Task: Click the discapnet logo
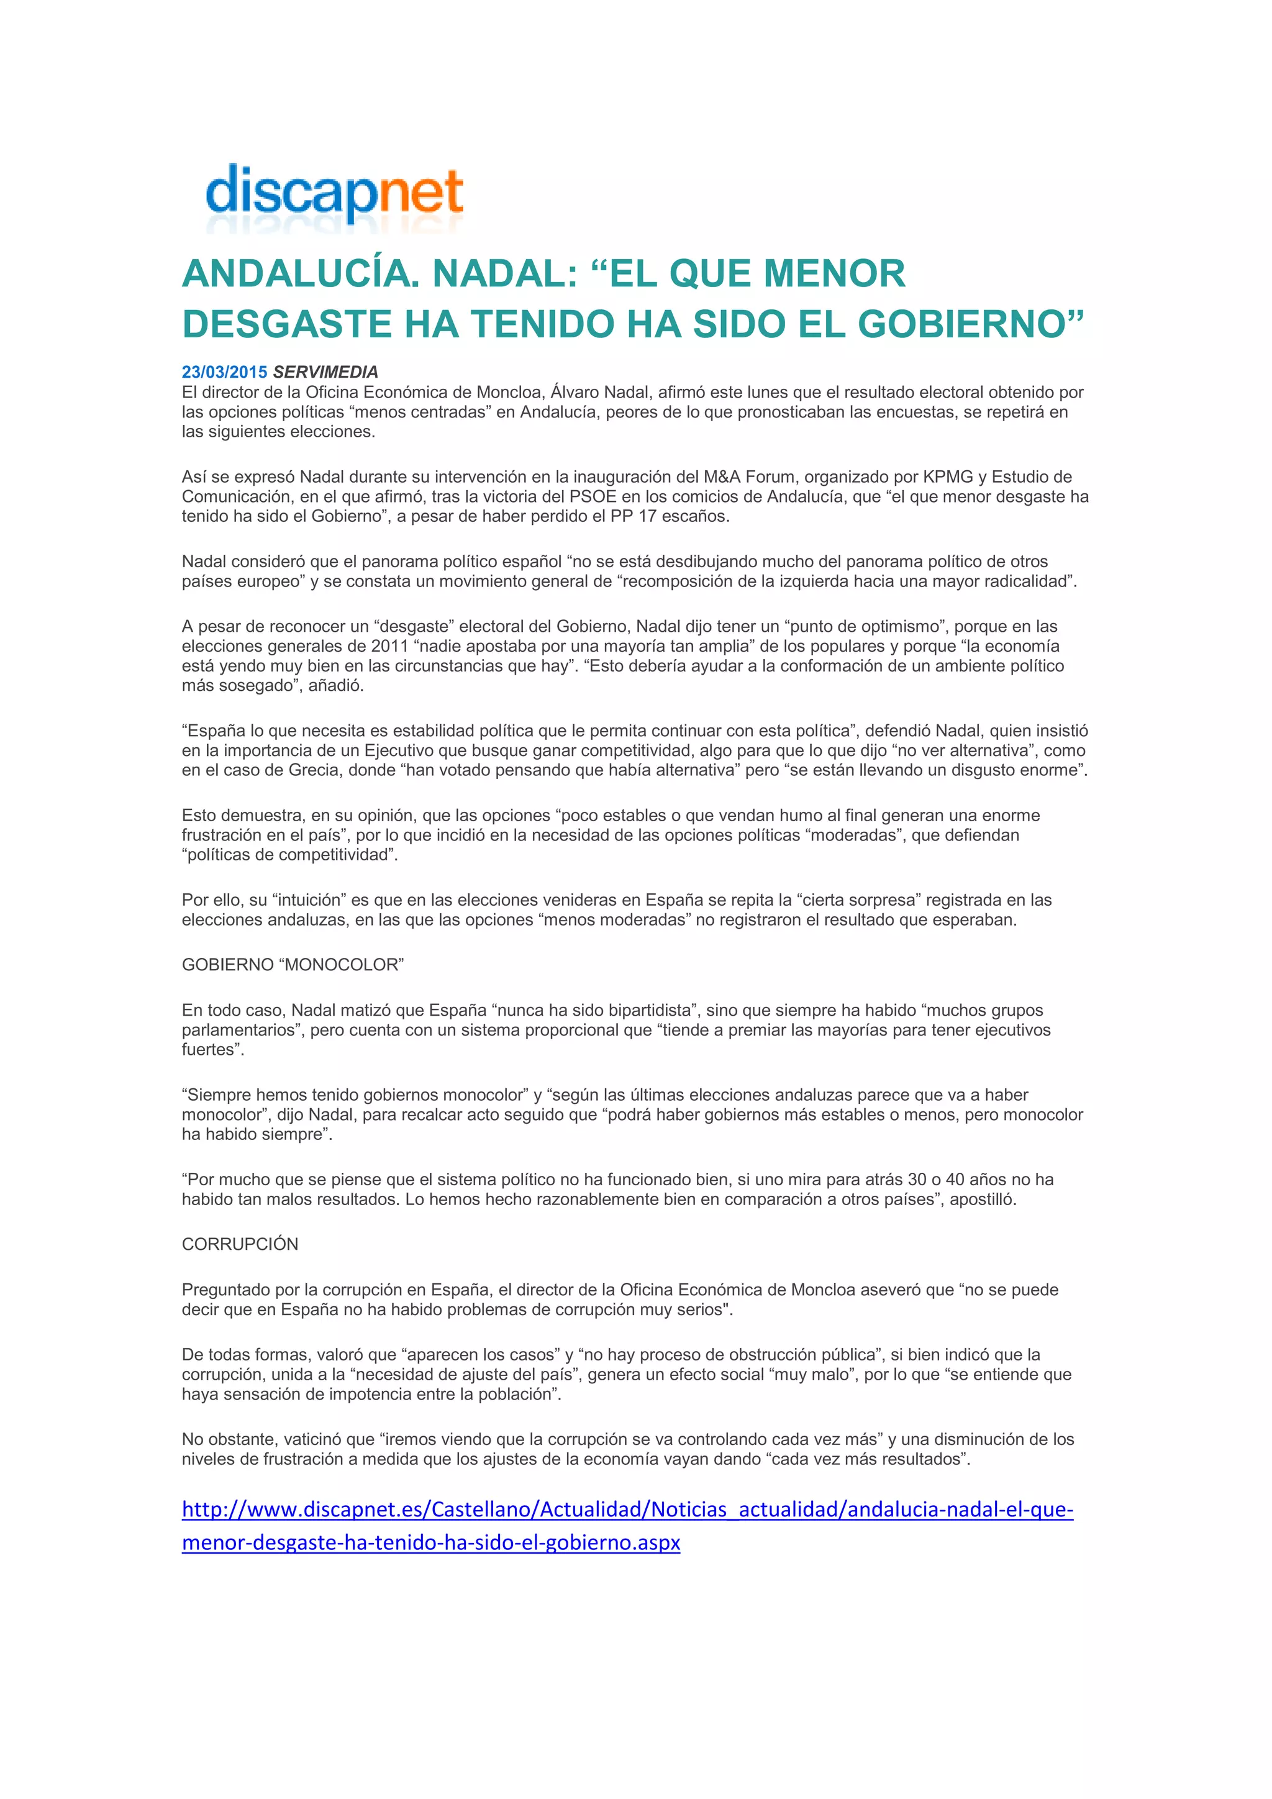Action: click(x=334, y=196)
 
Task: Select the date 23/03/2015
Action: click(x=225, y=372)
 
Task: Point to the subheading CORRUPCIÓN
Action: click(x=240, y=1244)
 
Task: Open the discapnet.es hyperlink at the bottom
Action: click(x=627, y=1510)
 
